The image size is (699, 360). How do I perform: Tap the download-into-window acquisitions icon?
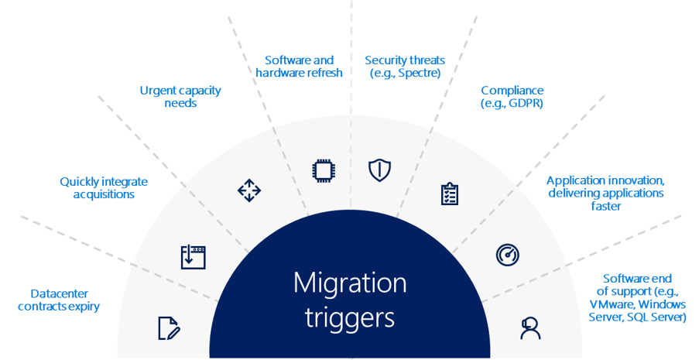[x=193, y=257]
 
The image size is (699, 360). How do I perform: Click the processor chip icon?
[x=320, y=170]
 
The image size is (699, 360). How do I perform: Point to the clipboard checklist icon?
[x=449, y=194]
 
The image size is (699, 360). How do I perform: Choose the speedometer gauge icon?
[x=507, y=254]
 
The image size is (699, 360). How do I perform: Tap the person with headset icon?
[x=530, y=328]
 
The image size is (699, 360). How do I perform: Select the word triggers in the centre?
[x=349, y=317]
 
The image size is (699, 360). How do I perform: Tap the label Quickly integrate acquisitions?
[x=104, y=188]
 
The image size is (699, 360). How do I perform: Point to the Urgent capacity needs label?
[x=180, y=97]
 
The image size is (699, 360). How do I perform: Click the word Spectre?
[x=420, y=74]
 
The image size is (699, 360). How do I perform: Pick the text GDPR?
[x=526, y=103]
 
